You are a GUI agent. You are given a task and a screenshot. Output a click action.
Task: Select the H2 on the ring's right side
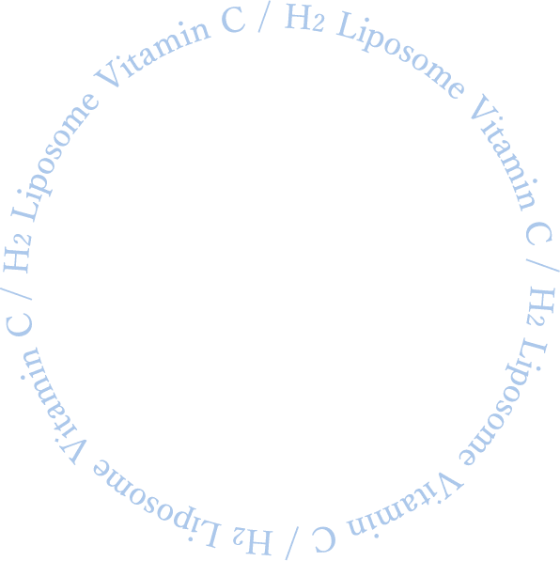click(540, 305)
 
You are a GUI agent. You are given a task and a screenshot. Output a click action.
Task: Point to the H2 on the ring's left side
click(18, 255)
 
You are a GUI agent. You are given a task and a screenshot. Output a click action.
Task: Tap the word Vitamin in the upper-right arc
click(504, 152)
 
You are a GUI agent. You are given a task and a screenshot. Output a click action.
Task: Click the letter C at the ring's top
click(233, 20)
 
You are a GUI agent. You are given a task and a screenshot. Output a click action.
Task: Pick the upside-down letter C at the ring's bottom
click(324, 539)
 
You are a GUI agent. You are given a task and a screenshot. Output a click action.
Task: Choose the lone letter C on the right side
click(539, 233)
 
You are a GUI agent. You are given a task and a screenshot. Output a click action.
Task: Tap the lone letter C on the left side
click(19, 324)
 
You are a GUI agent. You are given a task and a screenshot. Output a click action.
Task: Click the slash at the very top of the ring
click(264, 16)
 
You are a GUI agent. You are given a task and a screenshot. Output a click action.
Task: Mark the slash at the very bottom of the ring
click(292, 544)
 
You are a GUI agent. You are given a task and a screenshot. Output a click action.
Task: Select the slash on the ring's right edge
click(543, 265)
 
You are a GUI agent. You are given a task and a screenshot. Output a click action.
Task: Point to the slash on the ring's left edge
click(16, 293)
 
